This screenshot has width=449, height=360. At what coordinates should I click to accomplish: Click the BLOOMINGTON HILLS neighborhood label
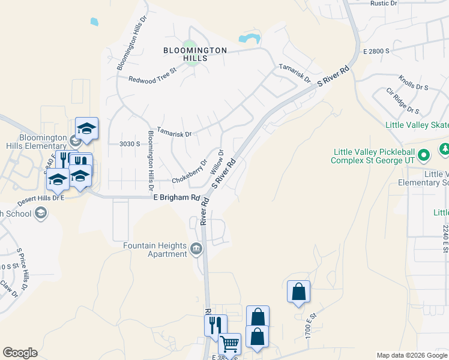[195, 54]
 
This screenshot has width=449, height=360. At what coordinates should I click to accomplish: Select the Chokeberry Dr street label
[189, 172]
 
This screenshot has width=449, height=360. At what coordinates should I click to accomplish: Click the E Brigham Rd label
[176, 197]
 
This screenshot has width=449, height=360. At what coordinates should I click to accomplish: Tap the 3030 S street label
[129, 144]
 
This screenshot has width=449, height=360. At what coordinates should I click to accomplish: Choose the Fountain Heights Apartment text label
[155, 250]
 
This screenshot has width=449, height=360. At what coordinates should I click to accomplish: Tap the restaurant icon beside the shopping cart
[215, 325]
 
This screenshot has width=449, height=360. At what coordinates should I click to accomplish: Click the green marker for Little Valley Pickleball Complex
[424, 156]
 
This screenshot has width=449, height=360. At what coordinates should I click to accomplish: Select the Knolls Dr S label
[414, 83]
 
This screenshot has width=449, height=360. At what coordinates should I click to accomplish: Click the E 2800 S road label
[376, 52]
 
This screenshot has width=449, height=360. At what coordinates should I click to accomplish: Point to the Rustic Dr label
[384, 4]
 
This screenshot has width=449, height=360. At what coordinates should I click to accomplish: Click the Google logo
[20, 353]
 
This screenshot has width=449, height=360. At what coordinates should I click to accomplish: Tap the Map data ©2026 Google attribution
[412, 355]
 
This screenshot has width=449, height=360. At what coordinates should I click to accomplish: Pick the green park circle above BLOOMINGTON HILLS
[189, 45]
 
